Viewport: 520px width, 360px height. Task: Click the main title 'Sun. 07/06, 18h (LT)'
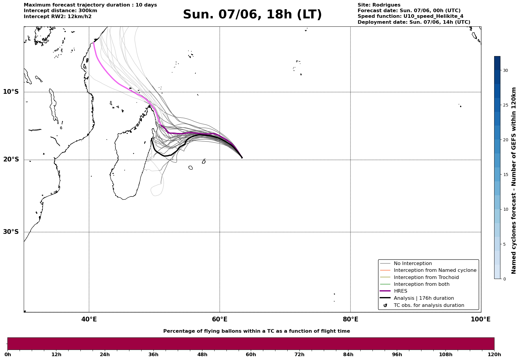[252, 15]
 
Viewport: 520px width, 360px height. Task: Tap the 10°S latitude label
[11, 92]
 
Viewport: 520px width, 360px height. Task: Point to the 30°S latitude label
[11, 232]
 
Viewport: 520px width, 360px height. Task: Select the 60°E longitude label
[220, 319]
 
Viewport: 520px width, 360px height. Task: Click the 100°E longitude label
[481, 319]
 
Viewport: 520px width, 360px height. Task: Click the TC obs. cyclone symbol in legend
[385, 305]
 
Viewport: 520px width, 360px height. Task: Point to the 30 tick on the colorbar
[505, 70]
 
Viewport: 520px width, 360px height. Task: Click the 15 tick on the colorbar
[505, 175]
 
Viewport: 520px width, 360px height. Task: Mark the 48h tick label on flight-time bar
[202, 355]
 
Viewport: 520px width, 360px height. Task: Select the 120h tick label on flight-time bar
[494, 355]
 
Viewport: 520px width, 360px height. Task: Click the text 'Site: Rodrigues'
[379, 5]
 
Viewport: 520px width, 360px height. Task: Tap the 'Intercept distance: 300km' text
[61, 11]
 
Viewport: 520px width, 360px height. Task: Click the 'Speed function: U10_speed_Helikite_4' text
[410, 16]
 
